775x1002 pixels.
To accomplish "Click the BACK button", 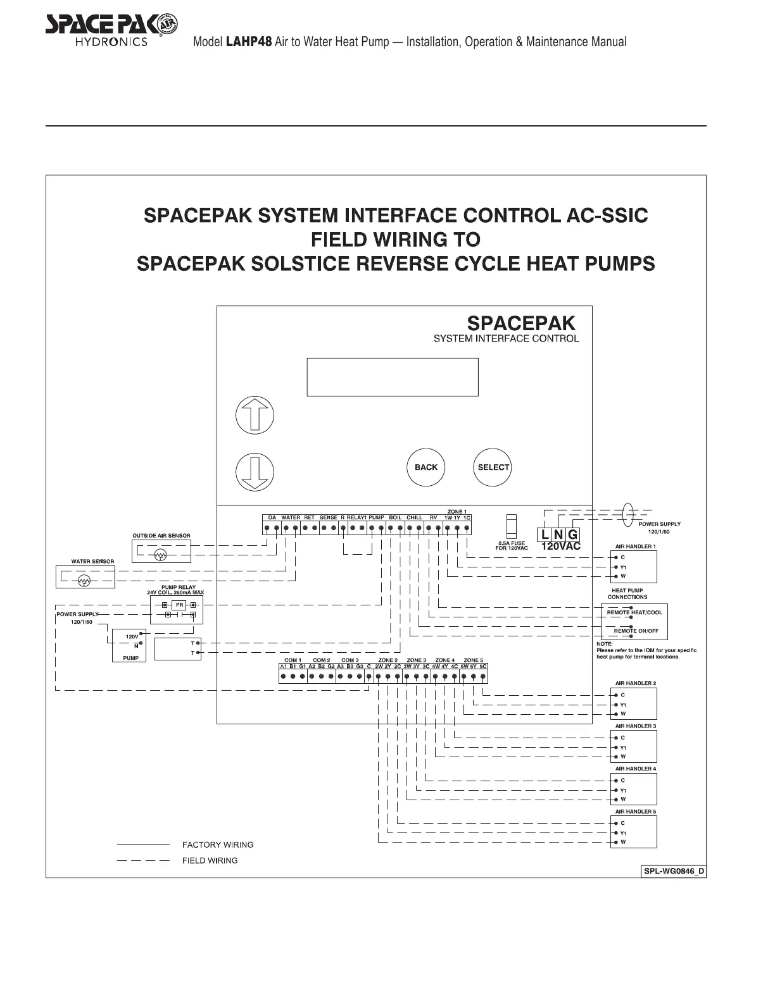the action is (425, 467).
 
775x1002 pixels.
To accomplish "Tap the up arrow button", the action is (255, 416).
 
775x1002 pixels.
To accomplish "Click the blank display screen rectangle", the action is (392, 378).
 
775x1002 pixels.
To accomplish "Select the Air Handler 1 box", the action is (634, 567).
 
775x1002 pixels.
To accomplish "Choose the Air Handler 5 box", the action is (634, 832).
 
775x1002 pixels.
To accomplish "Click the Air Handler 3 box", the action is (634, 746).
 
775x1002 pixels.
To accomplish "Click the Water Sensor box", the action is (85, 577).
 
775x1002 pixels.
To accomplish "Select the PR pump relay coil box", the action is (179, 605).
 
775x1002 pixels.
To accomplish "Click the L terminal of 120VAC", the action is (545, 535).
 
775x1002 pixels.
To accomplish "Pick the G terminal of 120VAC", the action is (572, 535).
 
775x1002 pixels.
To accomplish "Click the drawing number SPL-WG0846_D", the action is (674, 872).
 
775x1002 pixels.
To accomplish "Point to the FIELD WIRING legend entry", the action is (210, 860).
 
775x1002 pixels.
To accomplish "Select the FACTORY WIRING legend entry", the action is (217, 844).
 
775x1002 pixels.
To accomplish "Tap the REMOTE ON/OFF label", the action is (636, 631).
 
